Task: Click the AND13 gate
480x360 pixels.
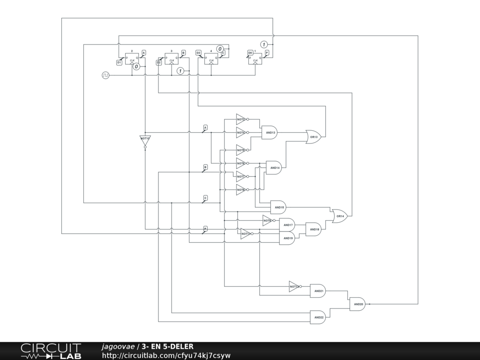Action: pos(269,133)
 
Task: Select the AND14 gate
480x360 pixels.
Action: pos(274,167)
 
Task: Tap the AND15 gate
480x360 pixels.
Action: pos(278,207)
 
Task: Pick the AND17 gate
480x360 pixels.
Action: pos(287,225)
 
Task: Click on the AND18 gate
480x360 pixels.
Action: pos(314,229)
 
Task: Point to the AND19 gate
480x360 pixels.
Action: pos(287,238)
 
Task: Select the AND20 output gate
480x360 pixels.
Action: pos(358,304)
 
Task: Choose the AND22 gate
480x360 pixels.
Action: pos(318,317)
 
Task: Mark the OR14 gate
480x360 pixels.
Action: pos(340,216)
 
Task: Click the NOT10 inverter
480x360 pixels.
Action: pos(145,140)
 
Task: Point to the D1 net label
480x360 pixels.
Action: pos(119,62)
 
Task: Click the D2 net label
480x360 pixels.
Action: pos(159,62)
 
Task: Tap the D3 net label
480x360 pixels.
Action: pos(198,53)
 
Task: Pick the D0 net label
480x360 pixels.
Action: pos(250,53)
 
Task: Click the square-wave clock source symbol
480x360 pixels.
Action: pos(105,75)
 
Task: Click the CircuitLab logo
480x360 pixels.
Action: pos(51,351)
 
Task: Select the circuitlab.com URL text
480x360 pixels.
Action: pos(166,356)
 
